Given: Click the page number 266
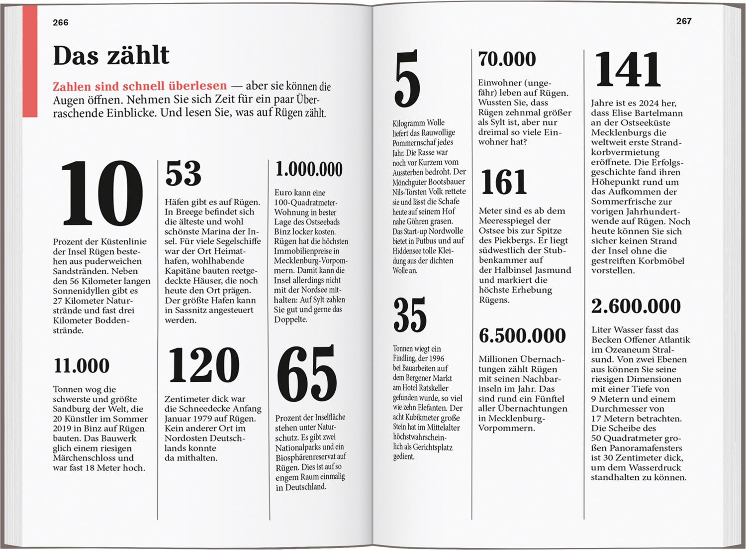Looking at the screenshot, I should tap(61, 22).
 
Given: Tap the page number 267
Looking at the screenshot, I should tap(684, 21).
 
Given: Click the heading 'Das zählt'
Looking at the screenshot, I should tap(111, 55).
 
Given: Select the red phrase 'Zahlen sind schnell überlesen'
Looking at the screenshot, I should tap(140, 86).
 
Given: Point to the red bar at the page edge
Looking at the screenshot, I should tap(30, 62).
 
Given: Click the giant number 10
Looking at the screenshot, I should tap(101, 195).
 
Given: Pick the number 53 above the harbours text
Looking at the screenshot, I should tap(183, 173).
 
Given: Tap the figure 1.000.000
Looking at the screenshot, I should tap(309, 169).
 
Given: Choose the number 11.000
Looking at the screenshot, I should tap(82, 366).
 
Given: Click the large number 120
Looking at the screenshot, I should tap(204, 365).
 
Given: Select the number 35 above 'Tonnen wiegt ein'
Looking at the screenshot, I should tap(410, 315).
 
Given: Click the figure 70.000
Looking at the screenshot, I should tap(507, 59).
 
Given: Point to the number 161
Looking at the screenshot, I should tap(504, 182).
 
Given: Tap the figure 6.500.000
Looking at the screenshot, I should tap(522, 336).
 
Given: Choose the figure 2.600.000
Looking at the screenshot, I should tap(636, 306).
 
